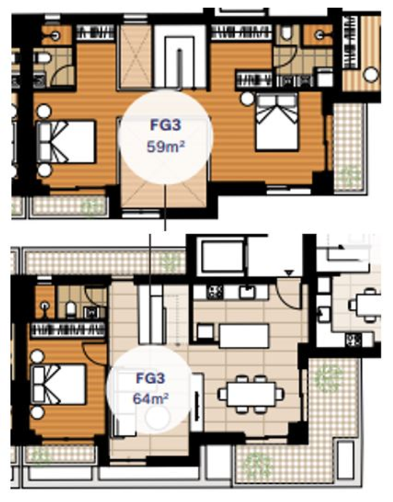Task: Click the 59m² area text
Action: point(166,147)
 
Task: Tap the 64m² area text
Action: point(151,399)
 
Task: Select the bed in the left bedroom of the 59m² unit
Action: point(66,142)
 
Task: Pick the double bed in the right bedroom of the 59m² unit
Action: point(277,121)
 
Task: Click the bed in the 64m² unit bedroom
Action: point(58,384)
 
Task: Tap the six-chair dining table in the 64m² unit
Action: point(251,394)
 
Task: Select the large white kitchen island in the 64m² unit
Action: point(244,336)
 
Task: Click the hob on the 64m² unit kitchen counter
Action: point(214,292)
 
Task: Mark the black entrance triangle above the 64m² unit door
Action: point(290,273)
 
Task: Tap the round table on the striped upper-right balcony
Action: point(370,75)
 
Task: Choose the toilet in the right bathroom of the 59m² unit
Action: point(287,33)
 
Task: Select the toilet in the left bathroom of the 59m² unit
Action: point(43,58)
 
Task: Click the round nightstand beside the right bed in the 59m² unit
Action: point(247,99)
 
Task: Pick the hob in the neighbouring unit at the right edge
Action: point(353,340)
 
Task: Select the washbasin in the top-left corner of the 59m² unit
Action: point(56,35)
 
